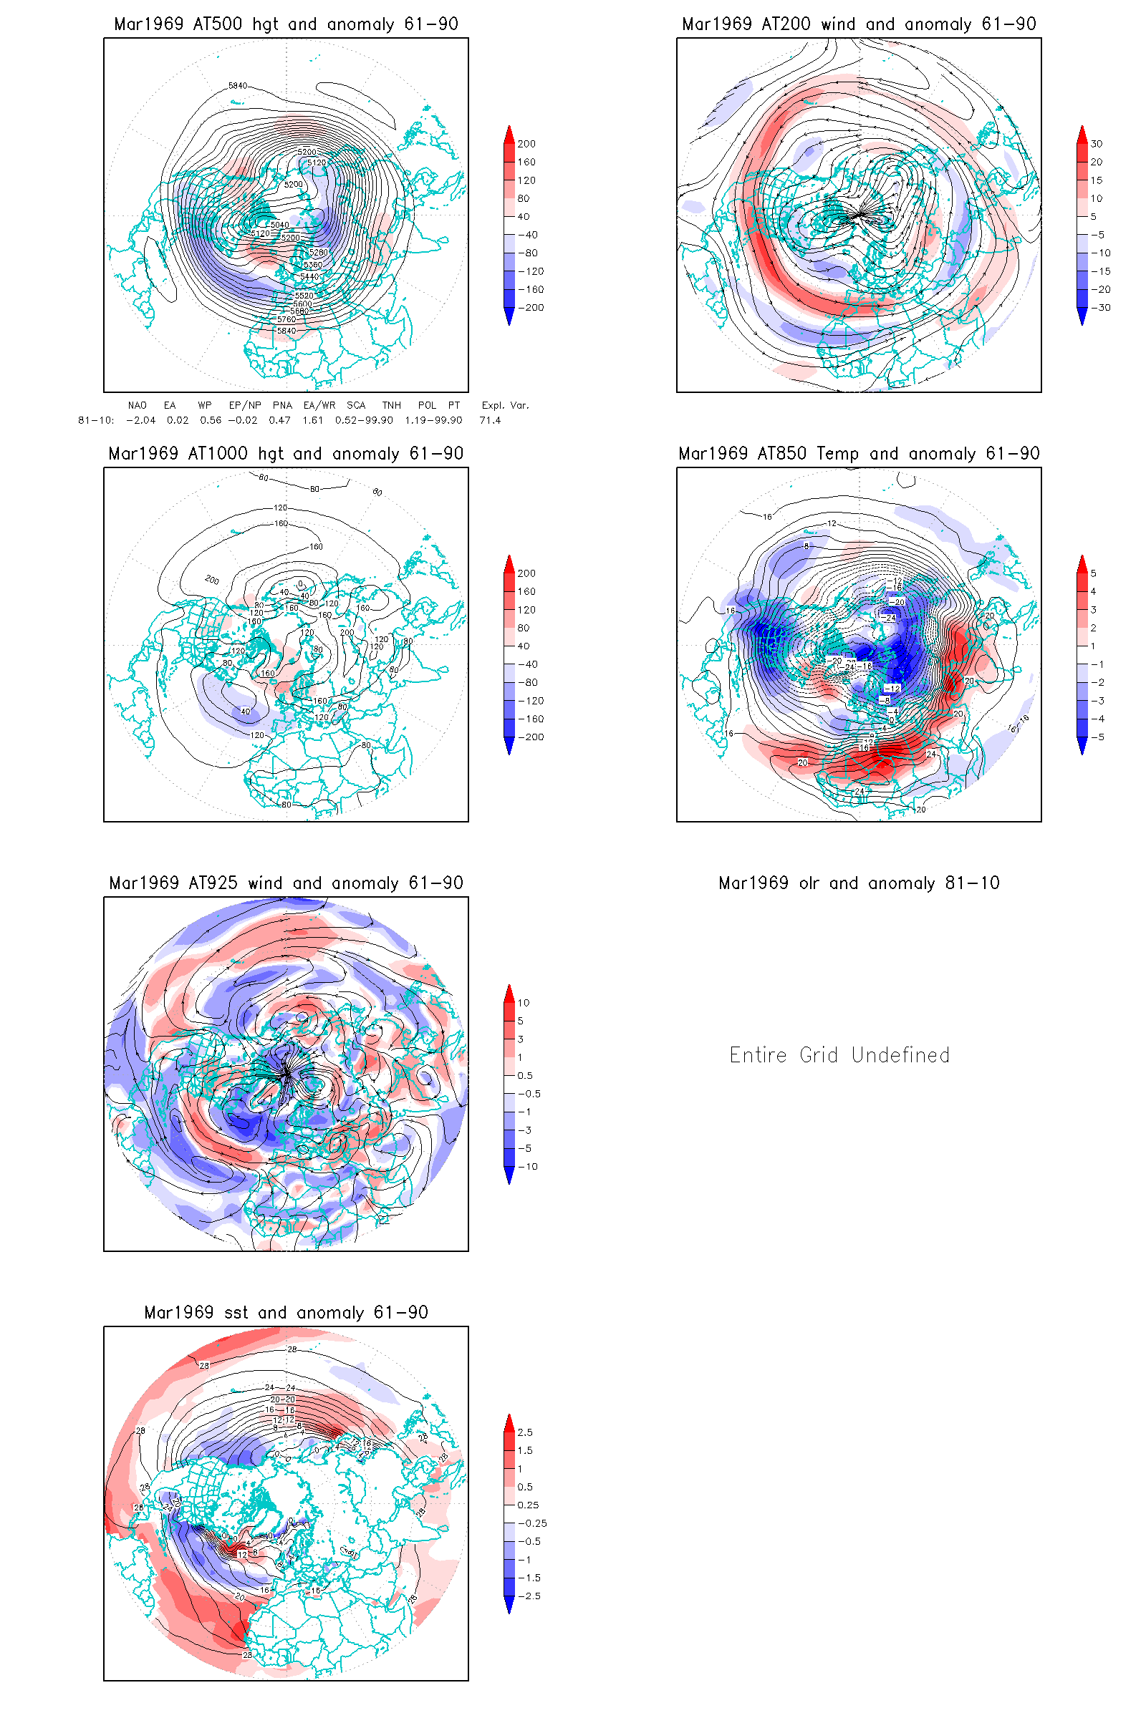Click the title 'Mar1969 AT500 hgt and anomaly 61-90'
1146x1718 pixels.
point(286,24)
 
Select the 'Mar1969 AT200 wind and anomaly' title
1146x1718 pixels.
point(859,24)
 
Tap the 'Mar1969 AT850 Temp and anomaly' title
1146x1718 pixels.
point(859,454)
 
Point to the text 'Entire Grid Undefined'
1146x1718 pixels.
point(839,1054)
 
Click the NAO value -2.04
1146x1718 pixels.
point(140,420)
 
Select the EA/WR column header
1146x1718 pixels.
point(319,405)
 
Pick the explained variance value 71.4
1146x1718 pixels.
point(490,420)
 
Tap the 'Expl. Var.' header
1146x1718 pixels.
point(505,405)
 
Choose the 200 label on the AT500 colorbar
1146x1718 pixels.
point(526,144)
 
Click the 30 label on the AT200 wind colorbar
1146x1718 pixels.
point(1097,144)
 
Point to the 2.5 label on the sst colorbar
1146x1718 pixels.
point(525,1432)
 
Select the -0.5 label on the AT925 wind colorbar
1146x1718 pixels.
point(529,1094)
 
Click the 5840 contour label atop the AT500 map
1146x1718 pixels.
point(238,85)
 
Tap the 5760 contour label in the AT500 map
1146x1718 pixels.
point(286,319)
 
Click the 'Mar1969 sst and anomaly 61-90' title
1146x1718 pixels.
point(286,1313)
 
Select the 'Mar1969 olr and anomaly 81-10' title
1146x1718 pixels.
point(859,883)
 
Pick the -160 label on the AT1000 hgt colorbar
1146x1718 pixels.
point(531,719)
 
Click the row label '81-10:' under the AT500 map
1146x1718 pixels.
point(96,420)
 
